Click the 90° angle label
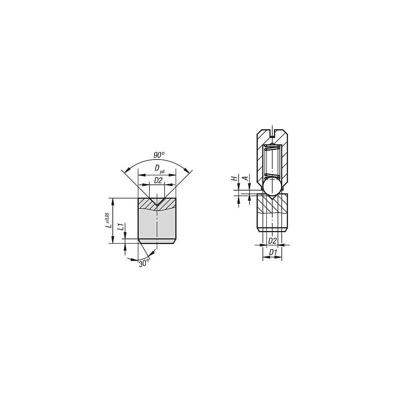coord(159,155)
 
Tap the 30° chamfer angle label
coord(144,263)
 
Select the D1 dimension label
coord(273,253)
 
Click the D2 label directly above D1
coord(272,241)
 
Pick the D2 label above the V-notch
coord(158,180)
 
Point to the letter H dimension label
coord(234,178)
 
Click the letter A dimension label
coord(246,178)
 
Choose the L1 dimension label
coord(121,227)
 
